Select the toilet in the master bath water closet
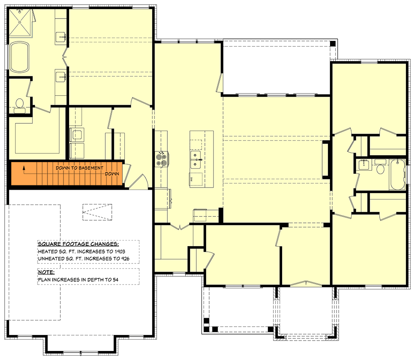[19, 105]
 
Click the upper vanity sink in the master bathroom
[60, 37]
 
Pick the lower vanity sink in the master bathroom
[60, 77]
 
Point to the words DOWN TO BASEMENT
[79, 168]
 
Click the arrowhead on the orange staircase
[25, 166]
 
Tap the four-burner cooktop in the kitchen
[161, 159]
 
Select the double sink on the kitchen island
[196, 159]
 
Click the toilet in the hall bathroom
[380, 168]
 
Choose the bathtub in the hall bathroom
[397, 174]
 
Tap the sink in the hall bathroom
[364, 164]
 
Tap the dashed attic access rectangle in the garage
[97, 210]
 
